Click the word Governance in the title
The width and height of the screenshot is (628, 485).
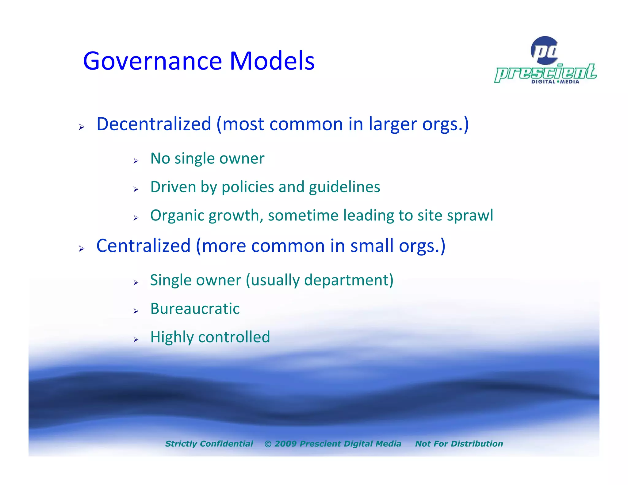[x=152, y=61]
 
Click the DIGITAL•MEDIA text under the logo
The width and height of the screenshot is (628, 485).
[x=555, y=82]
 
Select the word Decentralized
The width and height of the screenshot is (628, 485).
[x=154, y=124]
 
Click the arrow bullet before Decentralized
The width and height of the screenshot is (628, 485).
[x=81, y=127]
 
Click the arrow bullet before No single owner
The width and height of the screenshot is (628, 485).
[x=136, y=161]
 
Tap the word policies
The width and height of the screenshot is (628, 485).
[x=248, y=187]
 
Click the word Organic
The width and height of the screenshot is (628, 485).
[x=177, y=216]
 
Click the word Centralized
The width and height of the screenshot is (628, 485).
[x=144, y=246]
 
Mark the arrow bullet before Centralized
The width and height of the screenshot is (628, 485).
[x=81, y=249]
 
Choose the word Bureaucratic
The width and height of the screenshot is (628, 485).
[x=195, y=309]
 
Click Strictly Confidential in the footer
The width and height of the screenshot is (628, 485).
[x=209, y=444]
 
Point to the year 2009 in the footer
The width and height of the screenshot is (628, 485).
[x=285, y=444]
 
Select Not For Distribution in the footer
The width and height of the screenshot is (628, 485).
[x=459, y=444]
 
